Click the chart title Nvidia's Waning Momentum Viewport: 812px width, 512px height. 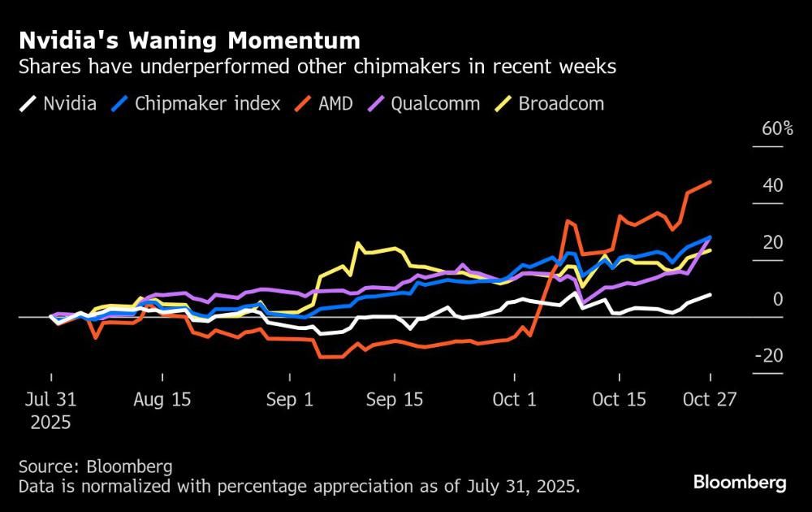pos(190,40)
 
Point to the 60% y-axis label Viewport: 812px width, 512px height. pos(777,129)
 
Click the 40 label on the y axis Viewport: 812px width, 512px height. pos(773,186)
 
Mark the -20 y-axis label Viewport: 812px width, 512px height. pos(769,356)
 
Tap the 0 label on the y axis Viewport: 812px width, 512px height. pos(778,299)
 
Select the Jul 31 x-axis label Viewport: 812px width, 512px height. pos(50,400)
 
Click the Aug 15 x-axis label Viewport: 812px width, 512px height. pos(161,400)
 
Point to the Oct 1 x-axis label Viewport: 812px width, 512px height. pos(515,400)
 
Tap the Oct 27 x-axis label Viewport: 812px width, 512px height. pos(710,400)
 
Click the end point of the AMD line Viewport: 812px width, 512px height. pos(711,181)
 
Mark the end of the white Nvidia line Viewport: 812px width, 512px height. pos(711,294)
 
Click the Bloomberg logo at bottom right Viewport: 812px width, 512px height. pos(740,483)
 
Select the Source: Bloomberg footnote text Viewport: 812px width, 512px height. pos(96,466)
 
